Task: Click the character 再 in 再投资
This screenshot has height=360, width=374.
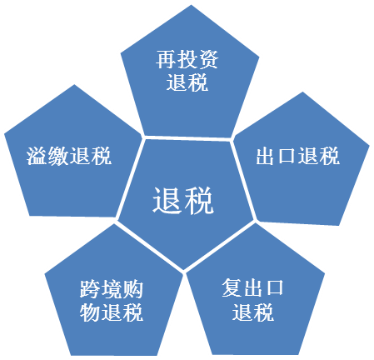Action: (x=166, y=59)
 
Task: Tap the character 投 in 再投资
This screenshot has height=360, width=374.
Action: (x=187, y=59)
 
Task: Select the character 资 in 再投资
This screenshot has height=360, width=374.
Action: (x=208, y=59)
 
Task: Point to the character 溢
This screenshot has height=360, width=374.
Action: (x=37, y=156)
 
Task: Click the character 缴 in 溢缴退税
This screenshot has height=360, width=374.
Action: (x=58, y=156)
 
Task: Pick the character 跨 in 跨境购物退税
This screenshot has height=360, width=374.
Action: (x=90, y=289)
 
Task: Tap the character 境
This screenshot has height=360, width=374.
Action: (x=111, y=289)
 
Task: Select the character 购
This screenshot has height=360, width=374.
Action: (x=132, y=289)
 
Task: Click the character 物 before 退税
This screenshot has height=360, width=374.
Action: (x=90, y=312)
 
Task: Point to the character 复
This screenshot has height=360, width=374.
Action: (x=232, y=287)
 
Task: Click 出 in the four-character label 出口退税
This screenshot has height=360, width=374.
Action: (x=266, y=156)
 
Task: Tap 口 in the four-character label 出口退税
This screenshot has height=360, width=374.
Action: (x=287, y=156)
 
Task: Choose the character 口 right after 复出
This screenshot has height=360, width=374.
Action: (x=274, y=287)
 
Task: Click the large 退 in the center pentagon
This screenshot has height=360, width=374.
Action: (x=167, y=200)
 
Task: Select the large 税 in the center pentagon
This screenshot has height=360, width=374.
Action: (x=199, y=200)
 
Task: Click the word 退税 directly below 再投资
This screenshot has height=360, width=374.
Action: (x=187, y=82)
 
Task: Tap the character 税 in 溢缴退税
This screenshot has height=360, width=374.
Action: (x=101, y=156)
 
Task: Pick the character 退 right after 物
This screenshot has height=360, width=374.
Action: (x=111, y=312)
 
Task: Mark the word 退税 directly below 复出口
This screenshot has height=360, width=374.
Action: (x=253, y=312)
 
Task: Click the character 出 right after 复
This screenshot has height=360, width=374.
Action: (x=253, y=287)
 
